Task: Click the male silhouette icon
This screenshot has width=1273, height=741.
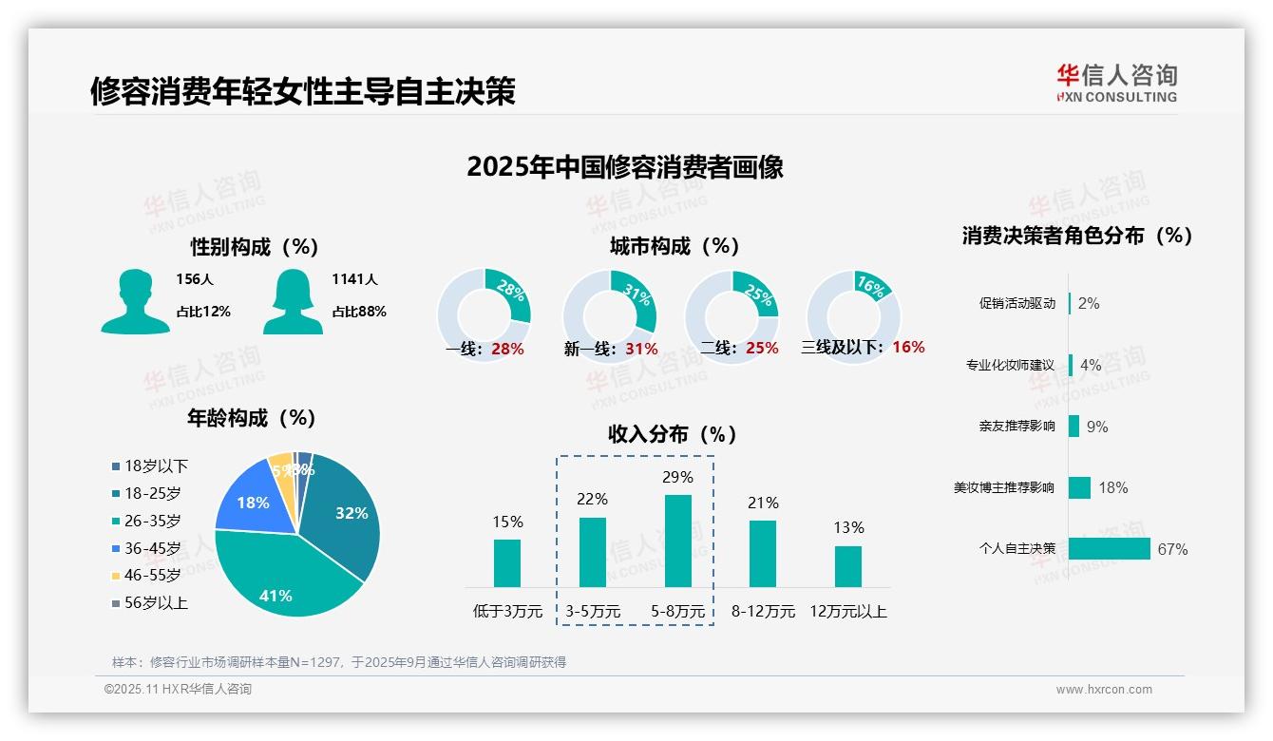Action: (135, 302)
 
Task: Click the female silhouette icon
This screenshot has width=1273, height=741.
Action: (293, 302)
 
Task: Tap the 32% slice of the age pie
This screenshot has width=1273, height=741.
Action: (347, 513)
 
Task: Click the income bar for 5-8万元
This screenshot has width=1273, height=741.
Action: (678, 541)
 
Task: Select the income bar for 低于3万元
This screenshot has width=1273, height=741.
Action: (507, 563)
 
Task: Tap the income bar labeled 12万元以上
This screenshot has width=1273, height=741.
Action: (848, 566)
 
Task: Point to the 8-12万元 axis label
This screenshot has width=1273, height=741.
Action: (763, 611)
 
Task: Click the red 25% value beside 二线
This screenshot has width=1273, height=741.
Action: (762, 349)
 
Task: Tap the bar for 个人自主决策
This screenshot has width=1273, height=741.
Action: (1109, 548)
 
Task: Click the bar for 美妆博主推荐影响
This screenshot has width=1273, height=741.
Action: (1079, 487)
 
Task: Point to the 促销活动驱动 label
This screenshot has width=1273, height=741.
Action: (1016, 304)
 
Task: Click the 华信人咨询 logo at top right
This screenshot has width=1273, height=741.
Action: (1116, 83)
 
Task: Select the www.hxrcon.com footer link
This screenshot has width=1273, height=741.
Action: (1104, 690)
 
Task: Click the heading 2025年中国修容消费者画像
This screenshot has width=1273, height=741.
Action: (625, 167)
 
